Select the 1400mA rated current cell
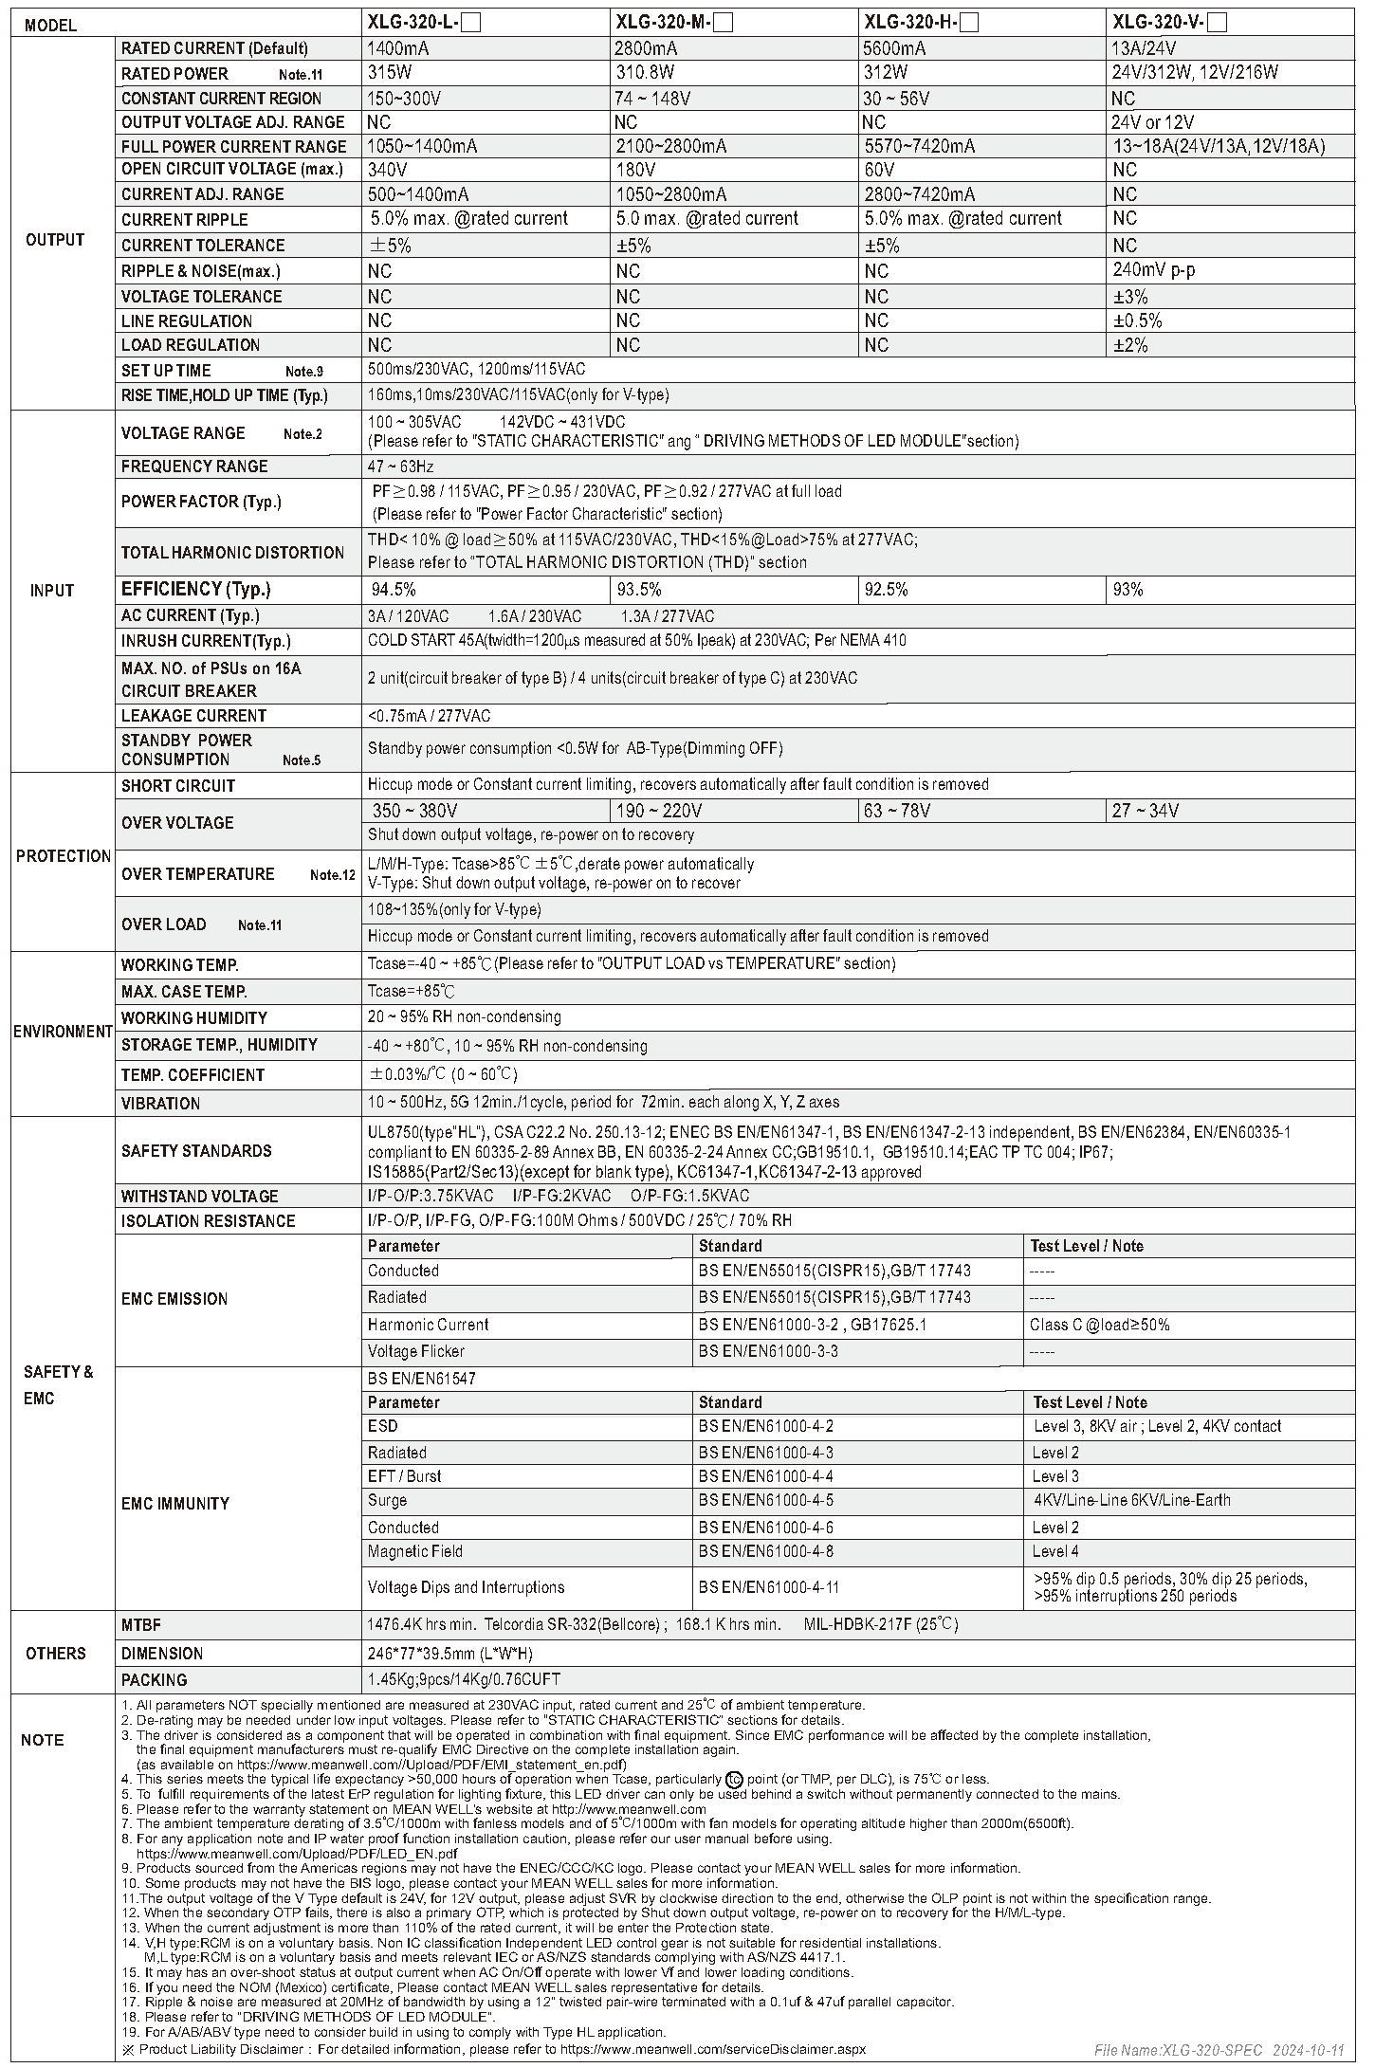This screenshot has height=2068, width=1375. [x=397, y=48]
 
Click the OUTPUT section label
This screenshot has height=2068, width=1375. [x=55, y=240]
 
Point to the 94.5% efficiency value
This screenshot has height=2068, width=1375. [x=394, y=590]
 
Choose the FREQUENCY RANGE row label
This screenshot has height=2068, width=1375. [x=194, y=467]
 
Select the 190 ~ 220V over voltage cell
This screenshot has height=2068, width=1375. [x=659, y=811]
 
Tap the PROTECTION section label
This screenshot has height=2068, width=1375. [x=63, y=856]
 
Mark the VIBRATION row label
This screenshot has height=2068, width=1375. [x=160, y=1104]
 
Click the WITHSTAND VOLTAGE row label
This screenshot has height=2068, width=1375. [x=199, y=1197]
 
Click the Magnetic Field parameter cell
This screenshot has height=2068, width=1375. [x=414, y=1551]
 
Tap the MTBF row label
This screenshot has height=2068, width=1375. [x=141, y=1624]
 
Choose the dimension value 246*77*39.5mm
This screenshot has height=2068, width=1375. [x=449, y=1654]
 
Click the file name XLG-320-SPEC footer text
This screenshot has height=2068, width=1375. [x=1176, y=2051]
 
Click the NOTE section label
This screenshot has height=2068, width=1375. [x=43, y=1740]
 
